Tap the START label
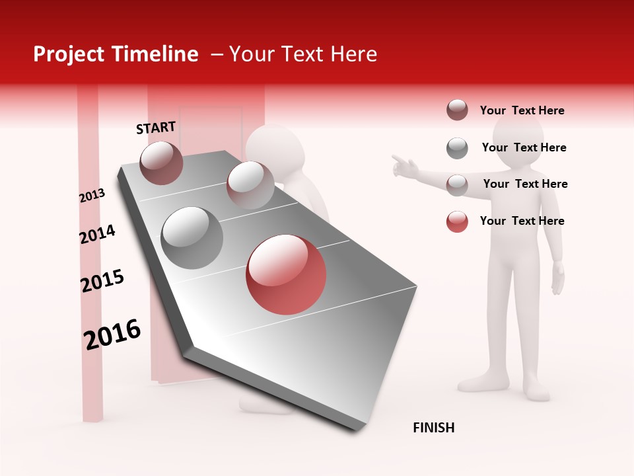tap(156, 128)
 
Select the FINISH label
tap(434, 428)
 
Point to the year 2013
tap(92, 196)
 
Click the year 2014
tap(97, 235)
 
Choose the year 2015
tap(102, 281)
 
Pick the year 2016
tap(112, 334)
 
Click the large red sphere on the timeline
tap(286, 274)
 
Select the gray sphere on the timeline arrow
tap(192, 238)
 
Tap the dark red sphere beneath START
tap(161, 163)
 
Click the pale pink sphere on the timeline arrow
tap(250, 185)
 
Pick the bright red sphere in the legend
tap(457, 221)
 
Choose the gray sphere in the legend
tap(457, 148)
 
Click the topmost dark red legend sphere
tap(457, 110)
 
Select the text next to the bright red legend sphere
tap(522, 221)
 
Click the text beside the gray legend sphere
tap(524, 147)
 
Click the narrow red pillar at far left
tap(89, 264)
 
